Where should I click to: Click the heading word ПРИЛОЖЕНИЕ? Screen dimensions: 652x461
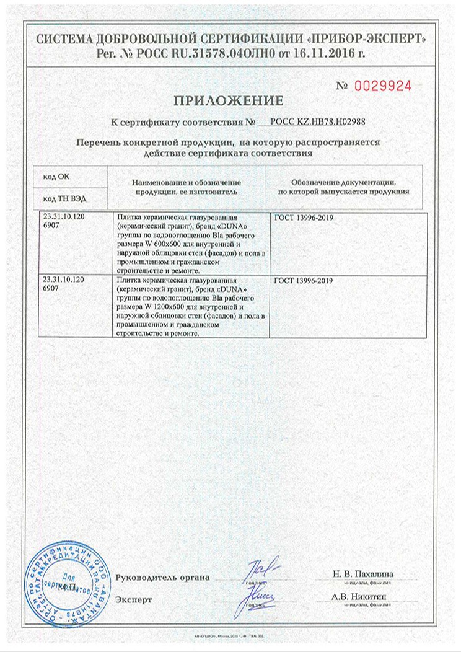click(229, 100)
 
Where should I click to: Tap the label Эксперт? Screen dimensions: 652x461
click(133, 599)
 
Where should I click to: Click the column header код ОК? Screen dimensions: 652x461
click(56, 177)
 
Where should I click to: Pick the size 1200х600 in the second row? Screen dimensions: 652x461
click(166, 307)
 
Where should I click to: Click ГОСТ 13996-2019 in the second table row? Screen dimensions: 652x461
click(303, 281)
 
